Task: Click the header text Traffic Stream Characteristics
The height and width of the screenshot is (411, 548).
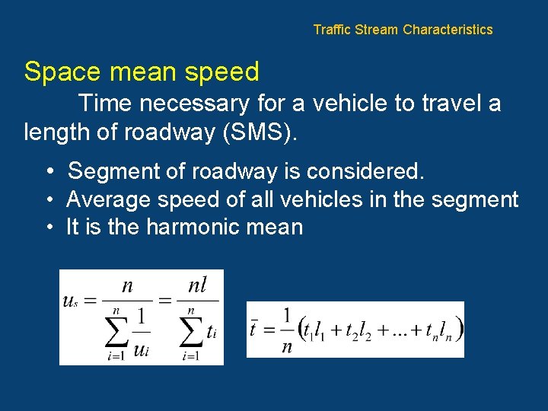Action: tap(403, 30)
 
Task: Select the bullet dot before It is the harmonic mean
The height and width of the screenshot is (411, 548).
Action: tap(48, 227)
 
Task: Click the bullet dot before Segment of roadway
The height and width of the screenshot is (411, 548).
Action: tap(48, 171)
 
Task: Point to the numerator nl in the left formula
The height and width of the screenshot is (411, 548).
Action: tap(197, 286)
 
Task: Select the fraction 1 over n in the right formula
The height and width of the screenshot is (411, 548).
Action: tap(286, 329)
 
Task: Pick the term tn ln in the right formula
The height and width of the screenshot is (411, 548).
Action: tap(440, 330)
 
